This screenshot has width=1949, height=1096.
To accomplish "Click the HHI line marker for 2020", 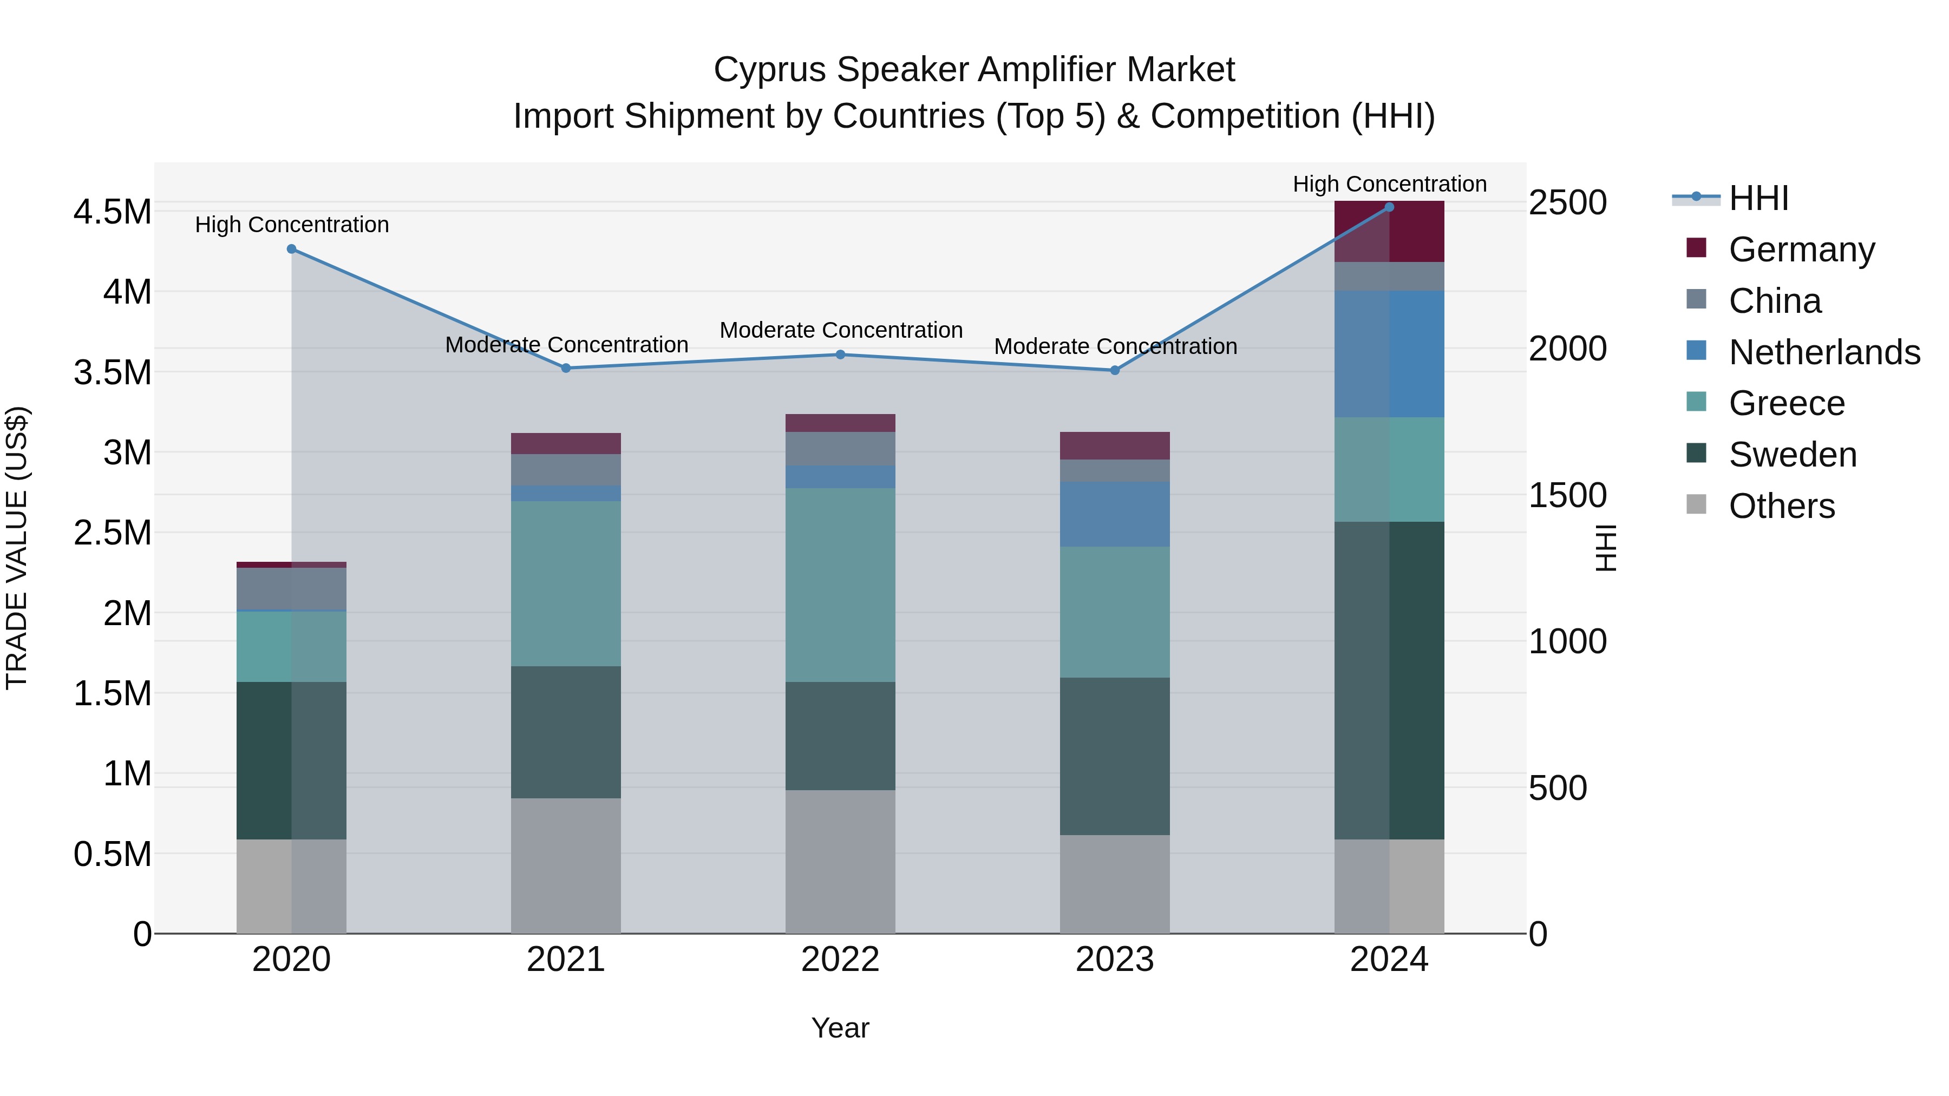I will click(x=291, y=249).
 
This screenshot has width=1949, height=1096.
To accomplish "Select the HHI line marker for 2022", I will click(x=840, y=354).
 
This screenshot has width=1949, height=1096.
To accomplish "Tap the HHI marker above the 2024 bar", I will click(x=1389, y=207).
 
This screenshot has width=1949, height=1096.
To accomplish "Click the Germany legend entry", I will click(x=1801, y=250).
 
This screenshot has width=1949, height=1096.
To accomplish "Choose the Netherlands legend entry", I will click(x=1824, y=352).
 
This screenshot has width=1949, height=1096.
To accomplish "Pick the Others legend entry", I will click(x=1782, y=506).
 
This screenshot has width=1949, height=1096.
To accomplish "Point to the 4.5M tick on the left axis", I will click(x=113, y=212).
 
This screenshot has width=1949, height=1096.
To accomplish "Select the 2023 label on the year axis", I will click(x=1115, y=960).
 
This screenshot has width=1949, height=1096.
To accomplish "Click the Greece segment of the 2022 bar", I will click(x=840, y=585).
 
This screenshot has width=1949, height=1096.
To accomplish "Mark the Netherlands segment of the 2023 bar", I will click(x=1115, y=514).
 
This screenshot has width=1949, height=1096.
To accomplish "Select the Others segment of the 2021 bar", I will click(x=566, y=865).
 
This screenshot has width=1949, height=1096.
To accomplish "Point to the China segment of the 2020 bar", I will click(x=291, y=588).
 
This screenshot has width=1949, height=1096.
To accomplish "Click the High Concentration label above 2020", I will click(x=292, y=225).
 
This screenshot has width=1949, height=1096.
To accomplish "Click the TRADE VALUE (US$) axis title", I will click(x=17, y=548).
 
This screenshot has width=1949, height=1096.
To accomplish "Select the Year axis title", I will click(x=840, y=1028).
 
